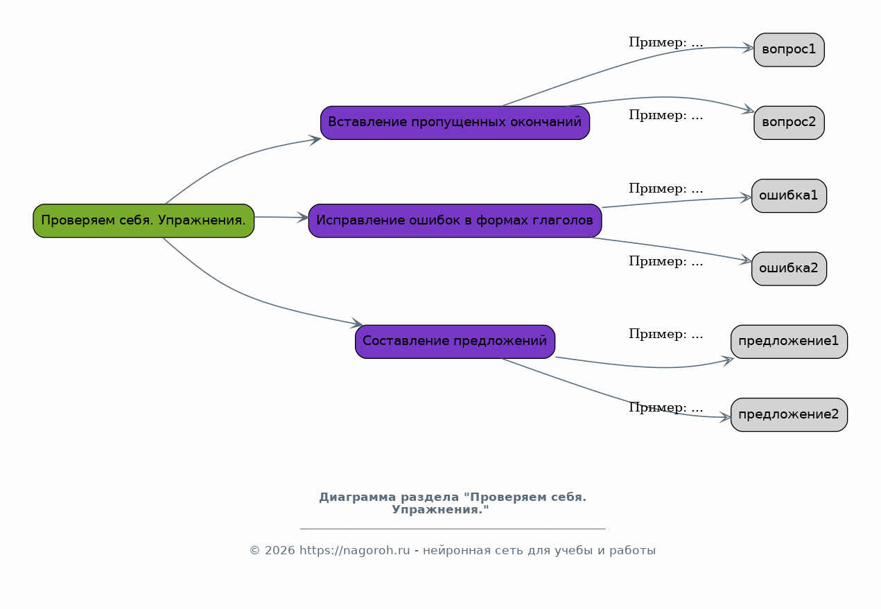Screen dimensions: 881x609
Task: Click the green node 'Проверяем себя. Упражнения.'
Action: click(143, 220)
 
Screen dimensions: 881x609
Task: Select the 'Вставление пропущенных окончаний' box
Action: click(455, 123)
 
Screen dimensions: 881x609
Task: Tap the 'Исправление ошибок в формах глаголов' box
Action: click(455, 220)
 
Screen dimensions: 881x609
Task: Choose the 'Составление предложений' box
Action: click(455, 342)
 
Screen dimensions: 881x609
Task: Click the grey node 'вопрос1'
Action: click(789, 50)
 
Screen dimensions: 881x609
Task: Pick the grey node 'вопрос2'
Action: click(789, 123)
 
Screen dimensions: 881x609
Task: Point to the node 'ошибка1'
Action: click(789, 196)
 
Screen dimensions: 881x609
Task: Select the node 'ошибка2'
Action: click(789, 269)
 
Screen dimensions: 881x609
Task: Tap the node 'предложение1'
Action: click(789, 342)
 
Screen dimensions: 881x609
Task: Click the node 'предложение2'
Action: click(789, 415)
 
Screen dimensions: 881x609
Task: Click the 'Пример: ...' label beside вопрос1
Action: click(665, 42)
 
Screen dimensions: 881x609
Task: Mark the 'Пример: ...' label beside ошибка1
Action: click(665, 188)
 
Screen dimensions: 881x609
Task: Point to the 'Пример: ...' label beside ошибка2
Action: click(665, 261)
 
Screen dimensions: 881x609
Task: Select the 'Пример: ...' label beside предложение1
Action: click(665, 334)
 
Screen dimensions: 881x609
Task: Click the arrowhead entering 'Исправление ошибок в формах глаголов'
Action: click(303, 218)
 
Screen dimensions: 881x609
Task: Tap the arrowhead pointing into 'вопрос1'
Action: click(748, 48)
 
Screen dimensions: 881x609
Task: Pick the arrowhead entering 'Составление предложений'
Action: click(357, 323)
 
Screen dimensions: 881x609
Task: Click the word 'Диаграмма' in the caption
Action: click(357, 497)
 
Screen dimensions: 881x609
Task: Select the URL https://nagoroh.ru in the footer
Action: click(354, 550)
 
